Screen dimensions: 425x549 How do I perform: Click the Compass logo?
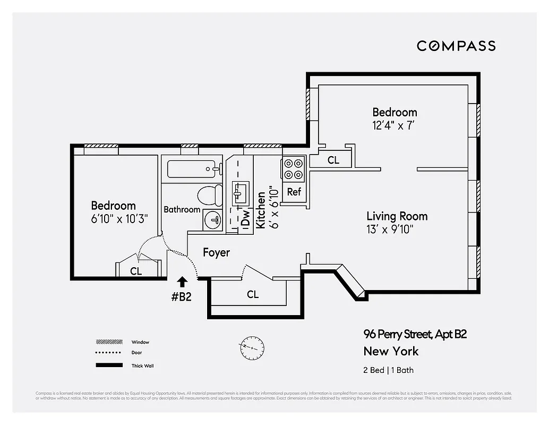click(456, 46)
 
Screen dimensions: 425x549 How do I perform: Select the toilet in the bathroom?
click(210, 195)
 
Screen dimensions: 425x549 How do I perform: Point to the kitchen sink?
click(240, 192)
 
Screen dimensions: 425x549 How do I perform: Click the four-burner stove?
click(294, 168)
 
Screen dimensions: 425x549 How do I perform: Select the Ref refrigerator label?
click(294, 192)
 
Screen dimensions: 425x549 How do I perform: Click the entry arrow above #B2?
click(182, 282)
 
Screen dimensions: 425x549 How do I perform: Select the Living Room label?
click(397, 216)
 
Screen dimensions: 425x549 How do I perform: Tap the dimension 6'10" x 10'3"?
click(118, 219)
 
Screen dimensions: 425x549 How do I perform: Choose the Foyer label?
click(216, 252)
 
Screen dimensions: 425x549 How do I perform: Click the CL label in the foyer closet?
click(253, 294)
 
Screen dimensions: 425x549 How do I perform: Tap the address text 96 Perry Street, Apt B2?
click(415, 334)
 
